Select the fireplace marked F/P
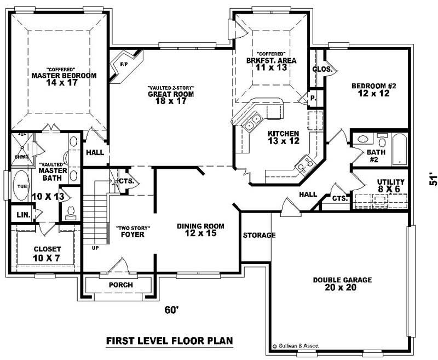[x=124, y=65]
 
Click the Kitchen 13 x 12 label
[x=283, y=138]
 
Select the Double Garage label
[x=342, y=283]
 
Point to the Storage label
[x=259, y=236]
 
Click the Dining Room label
[x=200, y=230]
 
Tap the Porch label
[x=121, y=284]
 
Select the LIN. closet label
[x=23, y=214]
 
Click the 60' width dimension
[x=172, y=310]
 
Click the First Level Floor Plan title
[x=169, y=341]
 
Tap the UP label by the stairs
[x=95, y=248]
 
